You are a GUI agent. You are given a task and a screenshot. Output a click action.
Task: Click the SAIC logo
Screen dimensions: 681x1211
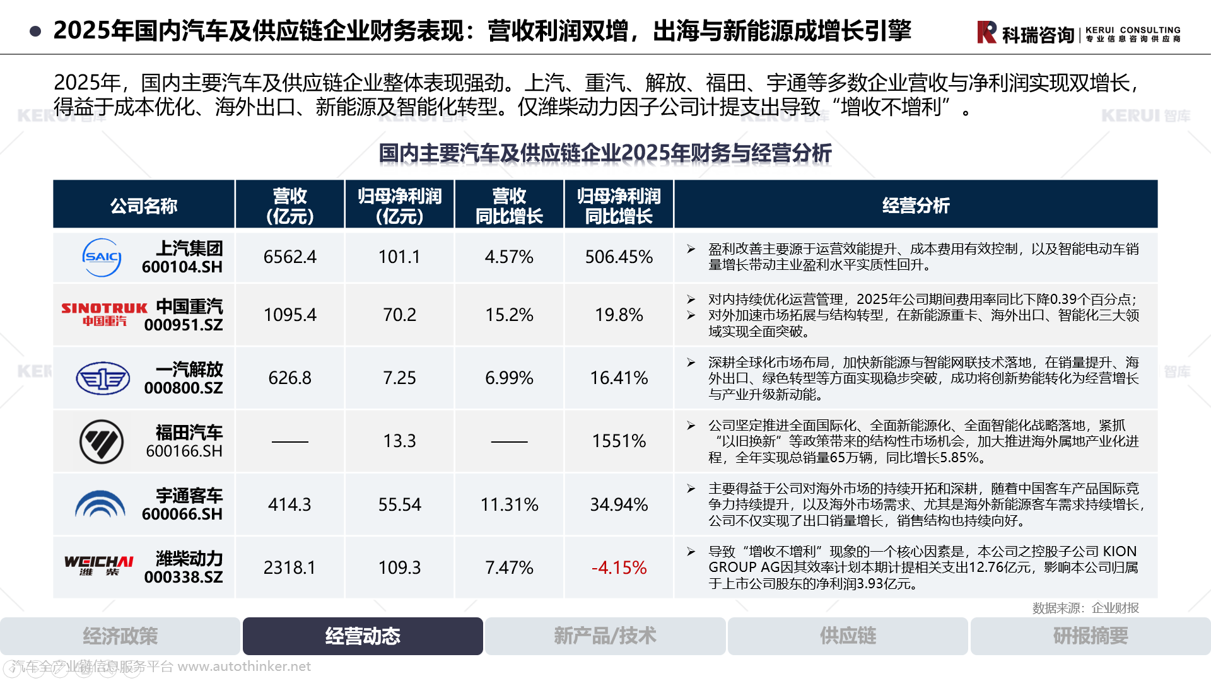[x=102, y=257]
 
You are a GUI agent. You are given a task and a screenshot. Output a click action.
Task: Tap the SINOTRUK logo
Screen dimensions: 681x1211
[x=104, y=313]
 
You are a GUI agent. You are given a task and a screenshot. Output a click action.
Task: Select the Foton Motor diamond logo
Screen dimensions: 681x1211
[x=102, y=441]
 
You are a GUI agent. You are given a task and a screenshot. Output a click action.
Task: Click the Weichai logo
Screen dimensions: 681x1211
[x=99, y=565]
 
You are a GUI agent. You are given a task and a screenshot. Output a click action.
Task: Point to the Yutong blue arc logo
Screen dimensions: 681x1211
[x=100, y=504]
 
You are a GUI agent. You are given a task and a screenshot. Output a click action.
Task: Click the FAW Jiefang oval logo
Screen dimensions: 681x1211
[x=103, y=378]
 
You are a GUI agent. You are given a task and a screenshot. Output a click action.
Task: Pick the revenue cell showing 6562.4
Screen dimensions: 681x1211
[x=290, y=257]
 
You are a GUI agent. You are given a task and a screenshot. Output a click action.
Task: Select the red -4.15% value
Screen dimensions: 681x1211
[x=619, y=567]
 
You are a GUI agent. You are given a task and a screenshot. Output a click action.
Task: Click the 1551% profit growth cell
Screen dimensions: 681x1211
[x=619, y=441]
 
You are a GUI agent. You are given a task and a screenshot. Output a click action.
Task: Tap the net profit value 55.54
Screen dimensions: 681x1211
[x=399, y=504]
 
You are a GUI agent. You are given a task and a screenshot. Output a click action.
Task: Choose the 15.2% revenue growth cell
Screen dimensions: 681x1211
[x=509, y=315]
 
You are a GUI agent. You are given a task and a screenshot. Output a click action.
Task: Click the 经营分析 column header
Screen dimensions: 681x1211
[x=915, y=206]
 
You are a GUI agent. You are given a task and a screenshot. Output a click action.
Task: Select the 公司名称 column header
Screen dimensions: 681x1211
[x=144, y=206]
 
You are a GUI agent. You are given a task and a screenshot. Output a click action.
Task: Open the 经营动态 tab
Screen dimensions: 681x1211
[x=363, y=636]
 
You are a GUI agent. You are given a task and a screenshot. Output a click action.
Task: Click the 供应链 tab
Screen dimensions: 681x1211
[x=848, y=636]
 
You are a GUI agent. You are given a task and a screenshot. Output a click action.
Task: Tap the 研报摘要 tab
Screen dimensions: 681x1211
[x=1090, y=636]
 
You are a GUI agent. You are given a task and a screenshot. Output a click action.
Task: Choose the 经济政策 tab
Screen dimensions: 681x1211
[x=120, y=636]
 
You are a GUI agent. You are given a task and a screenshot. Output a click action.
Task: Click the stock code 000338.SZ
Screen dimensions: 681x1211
[x=184, y=577]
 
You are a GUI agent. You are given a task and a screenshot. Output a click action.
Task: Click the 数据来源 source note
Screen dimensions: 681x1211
[x=1085, y=608]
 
